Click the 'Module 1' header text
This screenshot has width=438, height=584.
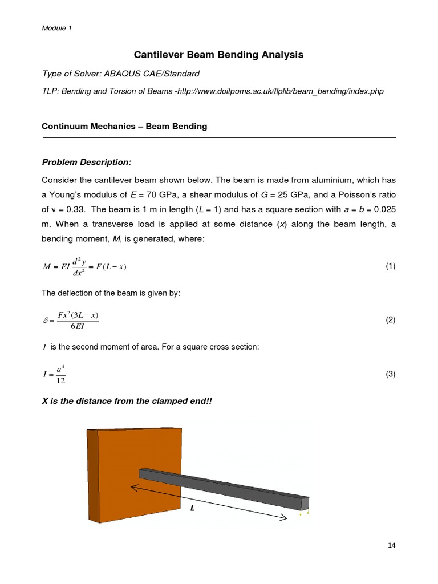[57, 28]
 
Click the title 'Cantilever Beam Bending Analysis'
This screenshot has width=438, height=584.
[218, 55]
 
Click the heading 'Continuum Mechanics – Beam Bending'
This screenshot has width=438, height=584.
[125, 127]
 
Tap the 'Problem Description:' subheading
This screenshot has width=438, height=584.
[87, 163]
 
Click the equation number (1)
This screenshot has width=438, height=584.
[390, 266]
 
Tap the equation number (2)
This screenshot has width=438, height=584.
[390, 320]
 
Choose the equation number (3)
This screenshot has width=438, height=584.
[390, 374]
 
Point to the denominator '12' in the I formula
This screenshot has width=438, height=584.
[60, 380]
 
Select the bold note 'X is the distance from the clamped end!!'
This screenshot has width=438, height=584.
[127, 401]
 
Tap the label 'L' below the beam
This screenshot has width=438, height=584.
[193, 509]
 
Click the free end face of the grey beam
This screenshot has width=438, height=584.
[305, 503]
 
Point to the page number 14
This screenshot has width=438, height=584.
[391, 545]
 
